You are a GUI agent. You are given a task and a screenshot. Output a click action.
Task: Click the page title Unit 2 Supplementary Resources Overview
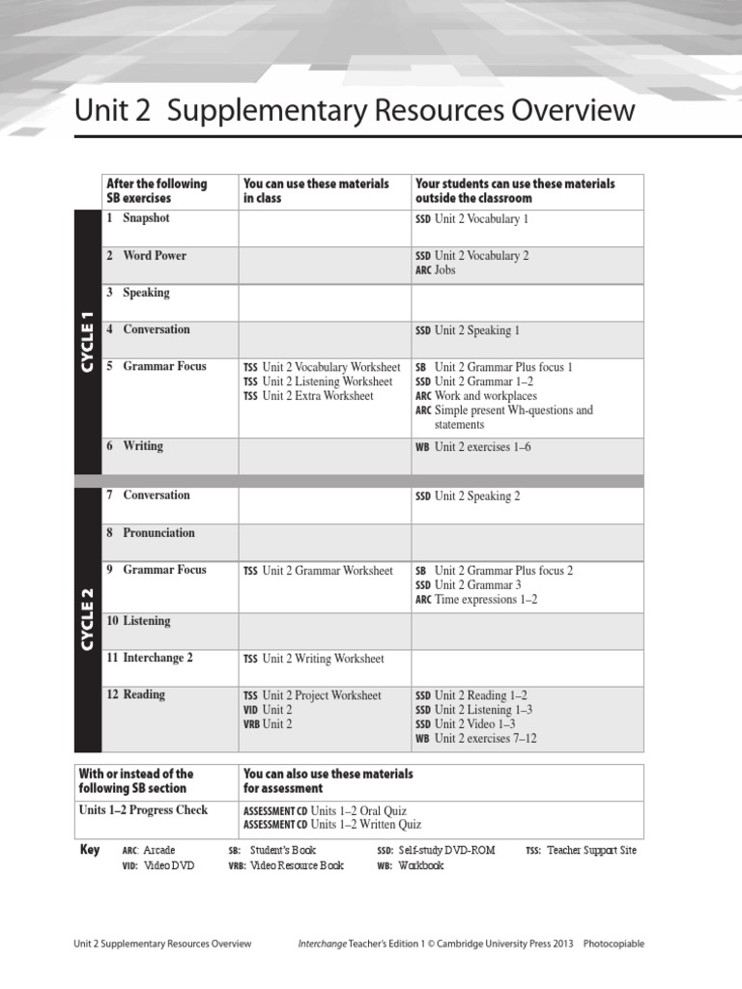point(355,111)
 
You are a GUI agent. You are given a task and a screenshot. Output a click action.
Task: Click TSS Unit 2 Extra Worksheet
point(308,396)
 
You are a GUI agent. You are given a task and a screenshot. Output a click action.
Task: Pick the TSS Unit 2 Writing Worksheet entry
point(313,659)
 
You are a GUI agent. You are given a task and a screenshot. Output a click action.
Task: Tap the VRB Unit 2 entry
point(268,723)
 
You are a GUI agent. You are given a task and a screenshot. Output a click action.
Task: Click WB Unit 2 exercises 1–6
point(472,446)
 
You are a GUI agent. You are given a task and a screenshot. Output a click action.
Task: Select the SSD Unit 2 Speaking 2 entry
point(468,496)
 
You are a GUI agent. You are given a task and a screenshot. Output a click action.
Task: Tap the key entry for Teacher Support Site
point(581,850)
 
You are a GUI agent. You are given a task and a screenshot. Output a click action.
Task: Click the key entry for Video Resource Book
point(285,865)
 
